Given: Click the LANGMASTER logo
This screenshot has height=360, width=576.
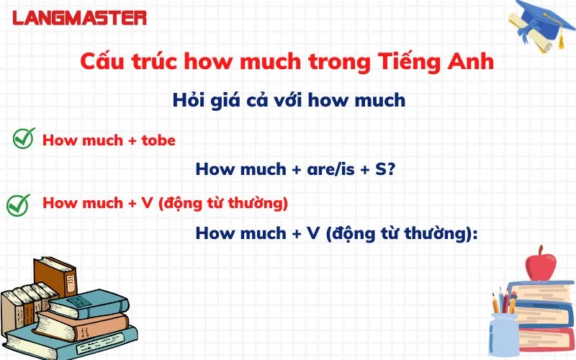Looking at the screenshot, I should coord(79,17).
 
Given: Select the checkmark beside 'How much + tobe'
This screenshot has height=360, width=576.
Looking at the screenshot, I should coord(24,139).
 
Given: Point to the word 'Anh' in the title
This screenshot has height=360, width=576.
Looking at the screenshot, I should coord(473,62).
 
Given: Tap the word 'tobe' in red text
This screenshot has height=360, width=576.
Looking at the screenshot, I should coord(158,140).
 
